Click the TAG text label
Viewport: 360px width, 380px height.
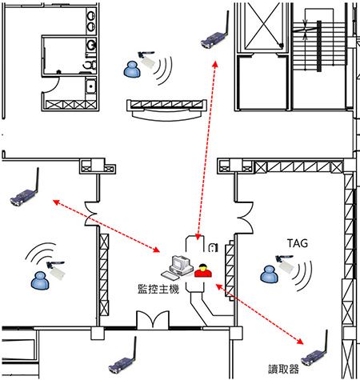298,243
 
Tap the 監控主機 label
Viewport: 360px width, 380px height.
158,290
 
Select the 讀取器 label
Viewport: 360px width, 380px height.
283,370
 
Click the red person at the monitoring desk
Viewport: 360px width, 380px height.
203,270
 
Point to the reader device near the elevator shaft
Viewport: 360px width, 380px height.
215,34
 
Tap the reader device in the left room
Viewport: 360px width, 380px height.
25,191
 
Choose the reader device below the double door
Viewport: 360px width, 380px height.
122,359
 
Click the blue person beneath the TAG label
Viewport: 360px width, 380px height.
269,274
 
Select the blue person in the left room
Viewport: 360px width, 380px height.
40,281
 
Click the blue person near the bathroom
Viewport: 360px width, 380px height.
132,70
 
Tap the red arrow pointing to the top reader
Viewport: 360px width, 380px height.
206,150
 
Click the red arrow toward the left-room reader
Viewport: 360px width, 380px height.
106,226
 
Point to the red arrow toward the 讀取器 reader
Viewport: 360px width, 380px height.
259,314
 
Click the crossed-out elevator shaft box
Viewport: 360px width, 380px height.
263,26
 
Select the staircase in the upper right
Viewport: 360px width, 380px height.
319,46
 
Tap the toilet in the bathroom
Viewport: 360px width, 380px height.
90,65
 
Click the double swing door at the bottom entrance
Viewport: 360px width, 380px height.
153,319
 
